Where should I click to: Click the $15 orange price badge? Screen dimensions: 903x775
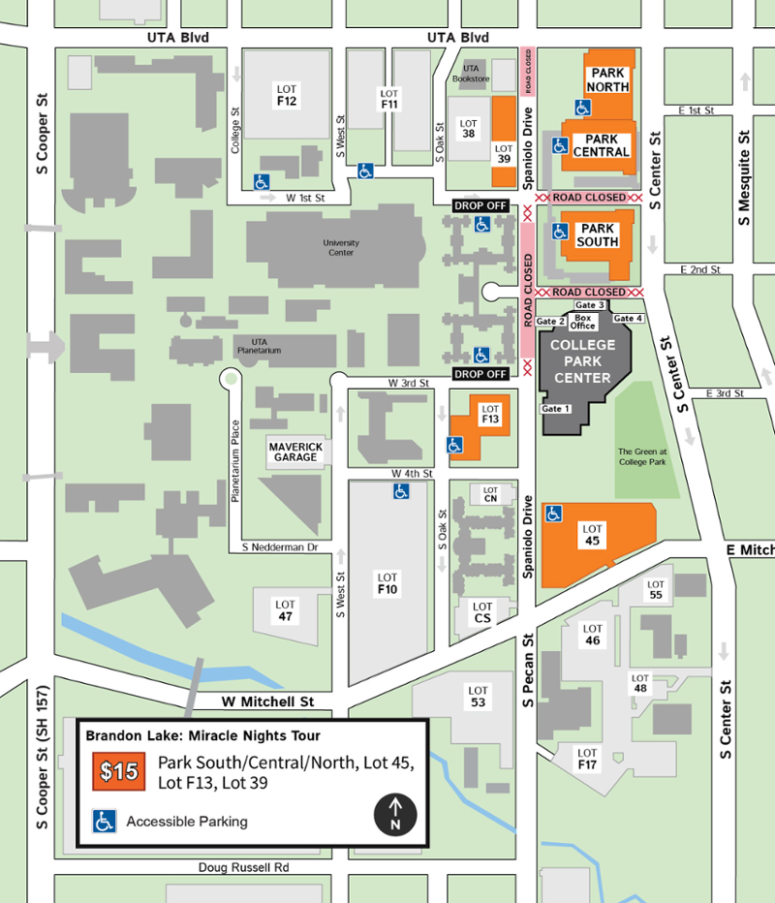tap(122, 772)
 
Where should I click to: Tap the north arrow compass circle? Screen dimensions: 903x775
tap(394, 813)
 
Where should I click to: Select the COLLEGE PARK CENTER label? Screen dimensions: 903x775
tap(582, 361)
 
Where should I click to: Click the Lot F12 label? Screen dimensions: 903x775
tap(286, 95)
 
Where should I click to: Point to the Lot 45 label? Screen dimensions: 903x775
tap(593, 535)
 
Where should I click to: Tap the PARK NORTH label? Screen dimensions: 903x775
tap(607, 79)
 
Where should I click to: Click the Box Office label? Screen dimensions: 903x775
tap(583, 323)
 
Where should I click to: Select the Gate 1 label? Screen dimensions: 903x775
tap(556, 409)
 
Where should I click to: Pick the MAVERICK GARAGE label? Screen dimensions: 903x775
tap(295, 451)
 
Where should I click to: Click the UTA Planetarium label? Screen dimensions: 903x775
tap(259, 346)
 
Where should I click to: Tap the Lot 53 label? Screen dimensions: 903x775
tap(478, 696)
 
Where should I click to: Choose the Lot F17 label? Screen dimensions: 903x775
tap(587, 759)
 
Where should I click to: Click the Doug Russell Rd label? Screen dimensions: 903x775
tap(243, 867)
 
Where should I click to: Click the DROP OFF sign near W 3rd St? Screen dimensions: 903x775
tap(480, 374)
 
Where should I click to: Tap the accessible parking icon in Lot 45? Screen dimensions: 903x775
tap(554, 513)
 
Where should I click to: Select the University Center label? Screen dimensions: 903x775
tap(341, 247)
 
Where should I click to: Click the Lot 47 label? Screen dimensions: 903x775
tap(285, 610)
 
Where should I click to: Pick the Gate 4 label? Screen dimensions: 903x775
tap(628, 319)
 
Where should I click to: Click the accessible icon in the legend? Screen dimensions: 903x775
tap(103, 821)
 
